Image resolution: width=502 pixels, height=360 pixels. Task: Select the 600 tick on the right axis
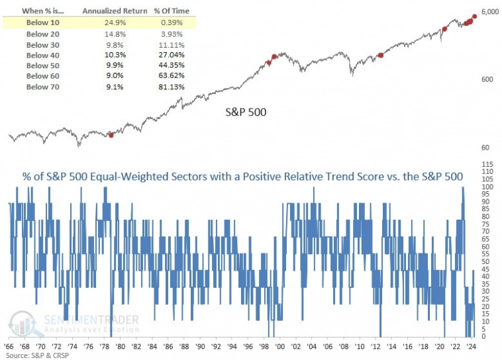click(487, 79)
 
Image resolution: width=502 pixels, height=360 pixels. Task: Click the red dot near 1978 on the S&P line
click(111, 135)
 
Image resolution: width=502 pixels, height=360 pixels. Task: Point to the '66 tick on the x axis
click(11, 346)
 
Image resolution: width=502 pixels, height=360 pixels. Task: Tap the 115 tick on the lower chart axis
click(488, 163)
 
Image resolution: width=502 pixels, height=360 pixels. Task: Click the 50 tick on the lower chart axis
click(487, 261)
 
